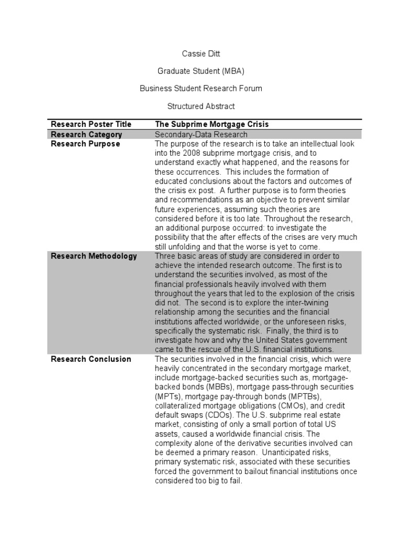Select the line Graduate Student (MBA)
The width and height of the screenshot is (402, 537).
[201, 71]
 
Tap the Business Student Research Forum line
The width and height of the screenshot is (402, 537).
[201, 89]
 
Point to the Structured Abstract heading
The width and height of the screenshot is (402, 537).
[201, 106]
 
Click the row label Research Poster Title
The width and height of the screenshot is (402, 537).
[91, 124]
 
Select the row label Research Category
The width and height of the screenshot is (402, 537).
[86, 134]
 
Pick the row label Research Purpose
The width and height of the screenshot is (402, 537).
[85, 144]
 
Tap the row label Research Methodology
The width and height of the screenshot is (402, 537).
[94, 256]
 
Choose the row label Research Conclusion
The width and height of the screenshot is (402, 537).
[91, 359]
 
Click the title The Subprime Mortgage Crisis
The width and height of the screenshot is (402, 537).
[212, 124]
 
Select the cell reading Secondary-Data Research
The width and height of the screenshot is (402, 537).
[201, 134]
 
